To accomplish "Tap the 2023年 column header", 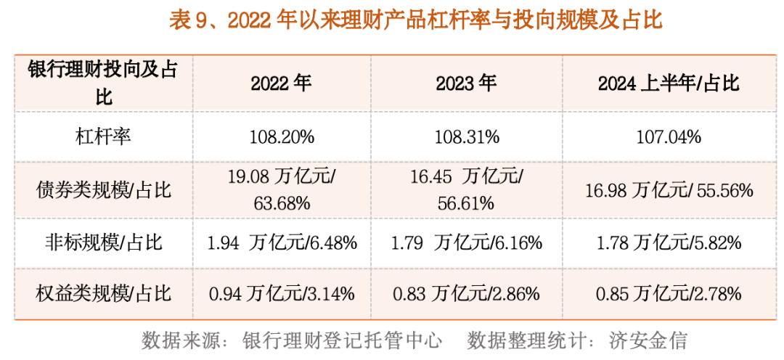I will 466,83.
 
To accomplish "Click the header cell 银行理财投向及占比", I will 102,83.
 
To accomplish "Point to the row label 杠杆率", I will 102,136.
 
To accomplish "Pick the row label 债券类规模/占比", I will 102,190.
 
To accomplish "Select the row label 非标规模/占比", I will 102,242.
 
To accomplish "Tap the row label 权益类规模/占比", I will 102,293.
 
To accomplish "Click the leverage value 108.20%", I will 282,136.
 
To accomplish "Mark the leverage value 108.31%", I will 467,136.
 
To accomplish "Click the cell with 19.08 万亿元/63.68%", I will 282,190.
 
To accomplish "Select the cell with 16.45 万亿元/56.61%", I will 467,190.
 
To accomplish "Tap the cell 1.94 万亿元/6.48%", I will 282,242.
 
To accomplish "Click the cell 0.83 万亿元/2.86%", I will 467,294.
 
